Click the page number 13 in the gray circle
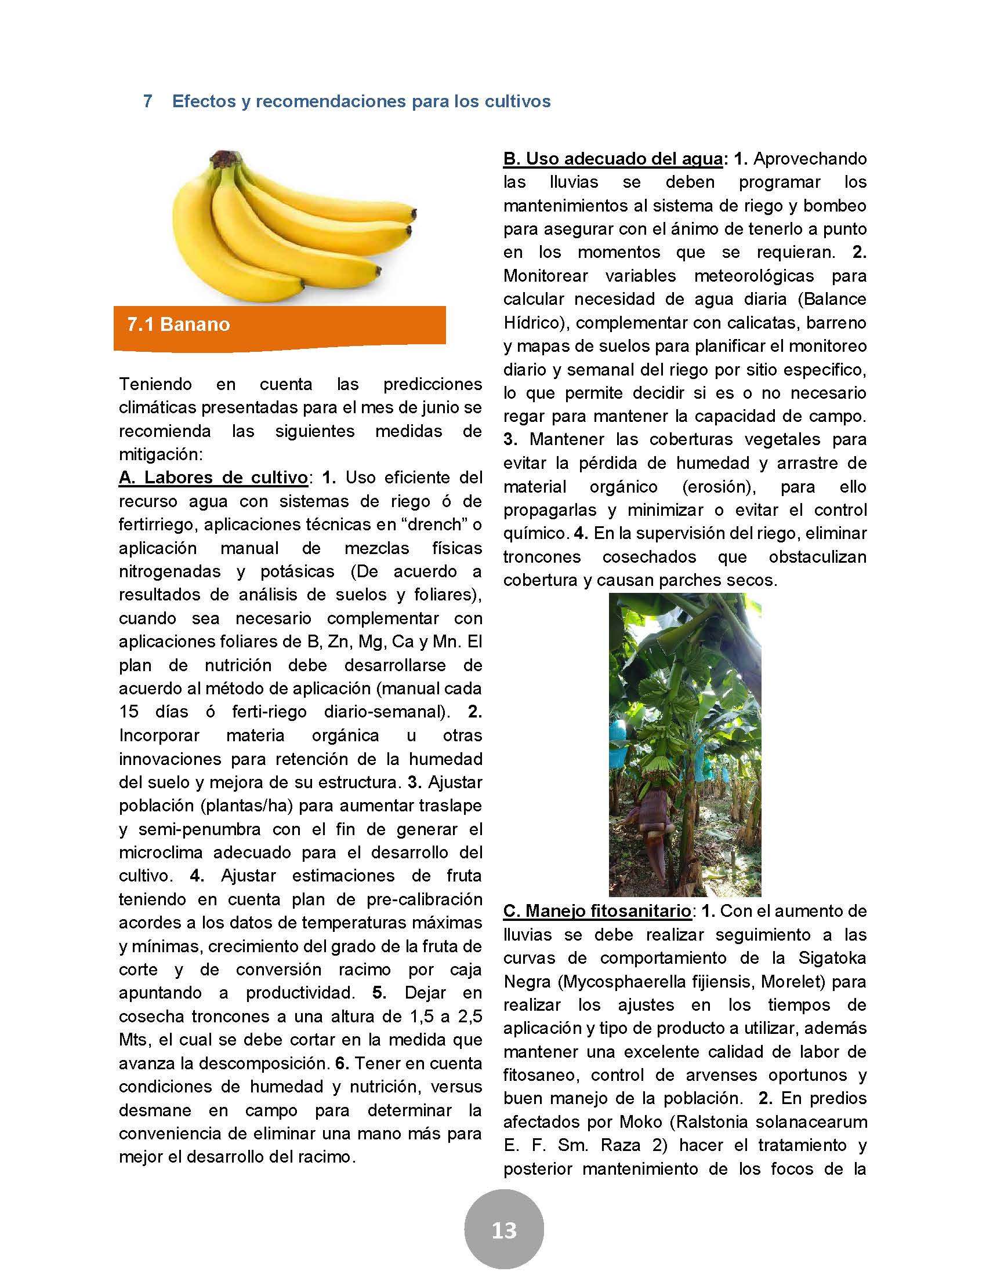coord(503,1230)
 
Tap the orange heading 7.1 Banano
coord(179,325)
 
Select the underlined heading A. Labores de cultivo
coord(213,478)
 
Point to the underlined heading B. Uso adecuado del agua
coord(613,159)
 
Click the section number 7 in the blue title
coord(148,101)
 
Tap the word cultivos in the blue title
coord(517,101)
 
